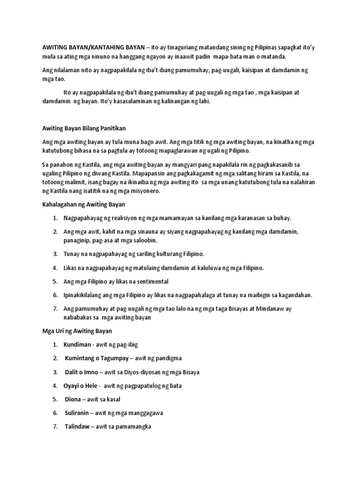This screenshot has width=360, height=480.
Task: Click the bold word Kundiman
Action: click(78, 345)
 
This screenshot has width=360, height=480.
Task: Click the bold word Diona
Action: click(74, 399)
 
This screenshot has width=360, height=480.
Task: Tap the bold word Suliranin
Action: click(78, 413)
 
